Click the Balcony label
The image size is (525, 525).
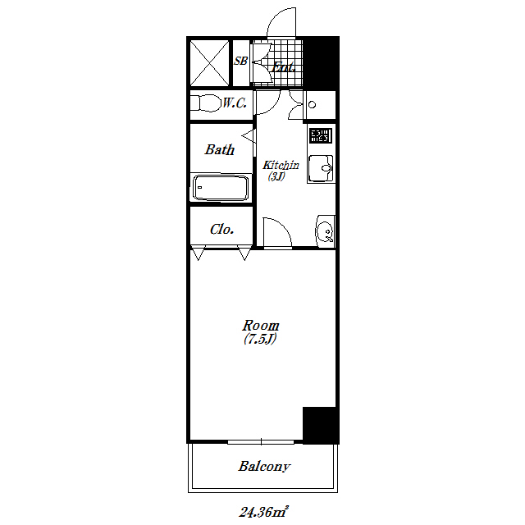click(264, 467)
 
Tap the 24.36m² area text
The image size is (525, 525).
click(263, 512)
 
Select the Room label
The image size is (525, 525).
click(261, 325)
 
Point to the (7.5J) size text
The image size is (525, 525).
click(260, 339)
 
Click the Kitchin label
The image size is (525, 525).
click(281, 165)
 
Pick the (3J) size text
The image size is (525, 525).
click(276, 176)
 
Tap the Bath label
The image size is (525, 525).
click(220, 149)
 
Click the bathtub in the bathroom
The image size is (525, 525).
click(221, 188)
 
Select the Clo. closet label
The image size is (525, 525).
click(221, 230)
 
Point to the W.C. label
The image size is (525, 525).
click(235, 103)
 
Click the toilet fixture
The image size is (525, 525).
click(205, 103)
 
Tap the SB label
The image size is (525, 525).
click(240, 61)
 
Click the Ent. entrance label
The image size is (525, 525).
click(283, 67)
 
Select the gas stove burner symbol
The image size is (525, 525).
click(321, 135)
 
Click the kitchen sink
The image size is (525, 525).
click(321, 168)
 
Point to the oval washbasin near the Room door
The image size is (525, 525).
click(325, 231)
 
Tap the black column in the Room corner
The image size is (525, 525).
click(319, 425)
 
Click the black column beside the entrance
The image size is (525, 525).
click(321, 63)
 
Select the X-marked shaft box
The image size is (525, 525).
click(210, 63)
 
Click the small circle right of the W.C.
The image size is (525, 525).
click(312, 105)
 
